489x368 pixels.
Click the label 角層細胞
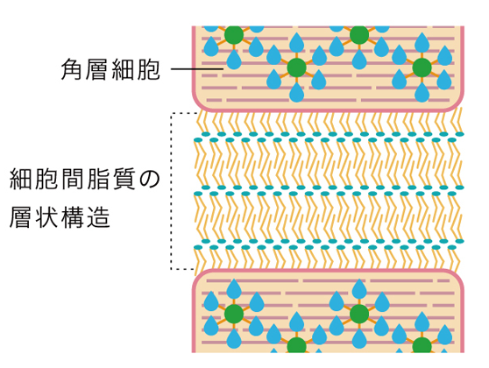[110, 69]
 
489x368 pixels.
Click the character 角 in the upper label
[72, 69]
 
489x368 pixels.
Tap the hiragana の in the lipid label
[149, 179]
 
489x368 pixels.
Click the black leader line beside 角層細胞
[197, 68]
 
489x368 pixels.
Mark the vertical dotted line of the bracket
[171, 191]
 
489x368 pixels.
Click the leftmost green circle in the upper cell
[234, 35]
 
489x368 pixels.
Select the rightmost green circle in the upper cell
[422, 67]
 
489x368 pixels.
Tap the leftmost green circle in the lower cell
[234, 314]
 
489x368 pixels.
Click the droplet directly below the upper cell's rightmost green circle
[422, 92]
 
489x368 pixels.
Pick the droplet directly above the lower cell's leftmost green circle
[234, 289]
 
